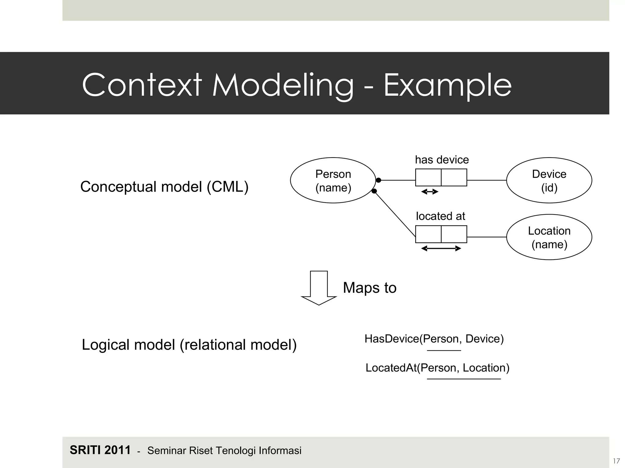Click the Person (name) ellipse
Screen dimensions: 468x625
333,180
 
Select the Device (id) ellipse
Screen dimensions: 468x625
549,180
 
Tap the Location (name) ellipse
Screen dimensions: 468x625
549,237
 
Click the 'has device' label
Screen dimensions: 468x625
442,160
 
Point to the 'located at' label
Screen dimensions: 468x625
440,216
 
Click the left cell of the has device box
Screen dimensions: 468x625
428,177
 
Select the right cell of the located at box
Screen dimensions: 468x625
454,234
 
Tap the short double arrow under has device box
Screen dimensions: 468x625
430,192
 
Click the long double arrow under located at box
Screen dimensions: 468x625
441,249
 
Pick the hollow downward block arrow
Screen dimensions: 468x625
319,288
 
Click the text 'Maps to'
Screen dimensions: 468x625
370,288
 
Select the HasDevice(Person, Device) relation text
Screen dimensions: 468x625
434,339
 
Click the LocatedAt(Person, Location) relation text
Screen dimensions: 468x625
437,368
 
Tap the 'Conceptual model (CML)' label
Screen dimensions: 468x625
164,186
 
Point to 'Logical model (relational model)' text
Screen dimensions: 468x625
189,345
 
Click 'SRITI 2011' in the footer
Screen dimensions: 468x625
100,450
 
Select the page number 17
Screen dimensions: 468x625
616,461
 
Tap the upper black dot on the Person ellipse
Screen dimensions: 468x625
378,180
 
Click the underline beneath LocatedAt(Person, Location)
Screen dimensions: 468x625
464,379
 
